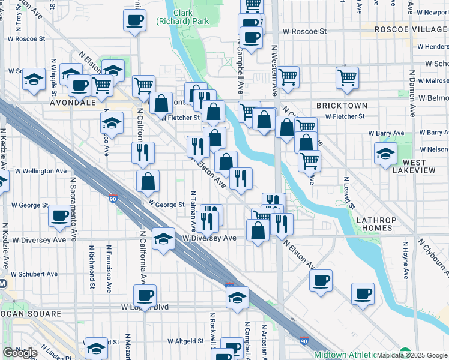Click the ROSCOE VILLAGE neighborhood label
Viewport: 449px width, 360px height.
pos(411,29)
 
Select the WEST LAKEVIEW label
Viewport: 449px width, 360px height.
pos(411,166)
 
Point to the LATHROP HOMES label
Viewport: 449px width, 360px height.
pos(375,224)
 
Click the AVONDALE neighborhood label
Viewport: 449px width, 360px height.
pos(73,103)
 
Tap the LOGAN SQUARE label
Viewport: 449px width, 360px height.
pos(31,314)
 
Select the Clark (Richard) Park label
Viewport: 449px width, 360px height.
pos(184,17)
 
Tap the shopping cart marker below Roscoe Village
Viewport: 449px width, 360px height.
pos(348,77)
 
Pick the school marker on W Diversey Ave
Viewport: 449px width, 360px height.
pos(163,239)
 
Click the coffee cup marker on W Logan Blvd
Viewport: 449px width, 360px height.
pos(145,295)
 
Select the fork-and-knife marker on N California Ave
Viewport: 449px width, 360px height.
pos(143,152)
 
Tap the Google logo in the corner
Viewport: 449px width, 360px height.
pos(20,353)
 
